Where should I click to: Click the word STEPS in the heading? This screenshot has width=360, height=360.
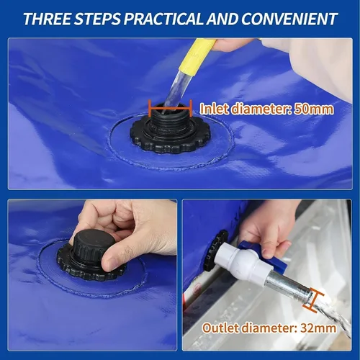[102, 18]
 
